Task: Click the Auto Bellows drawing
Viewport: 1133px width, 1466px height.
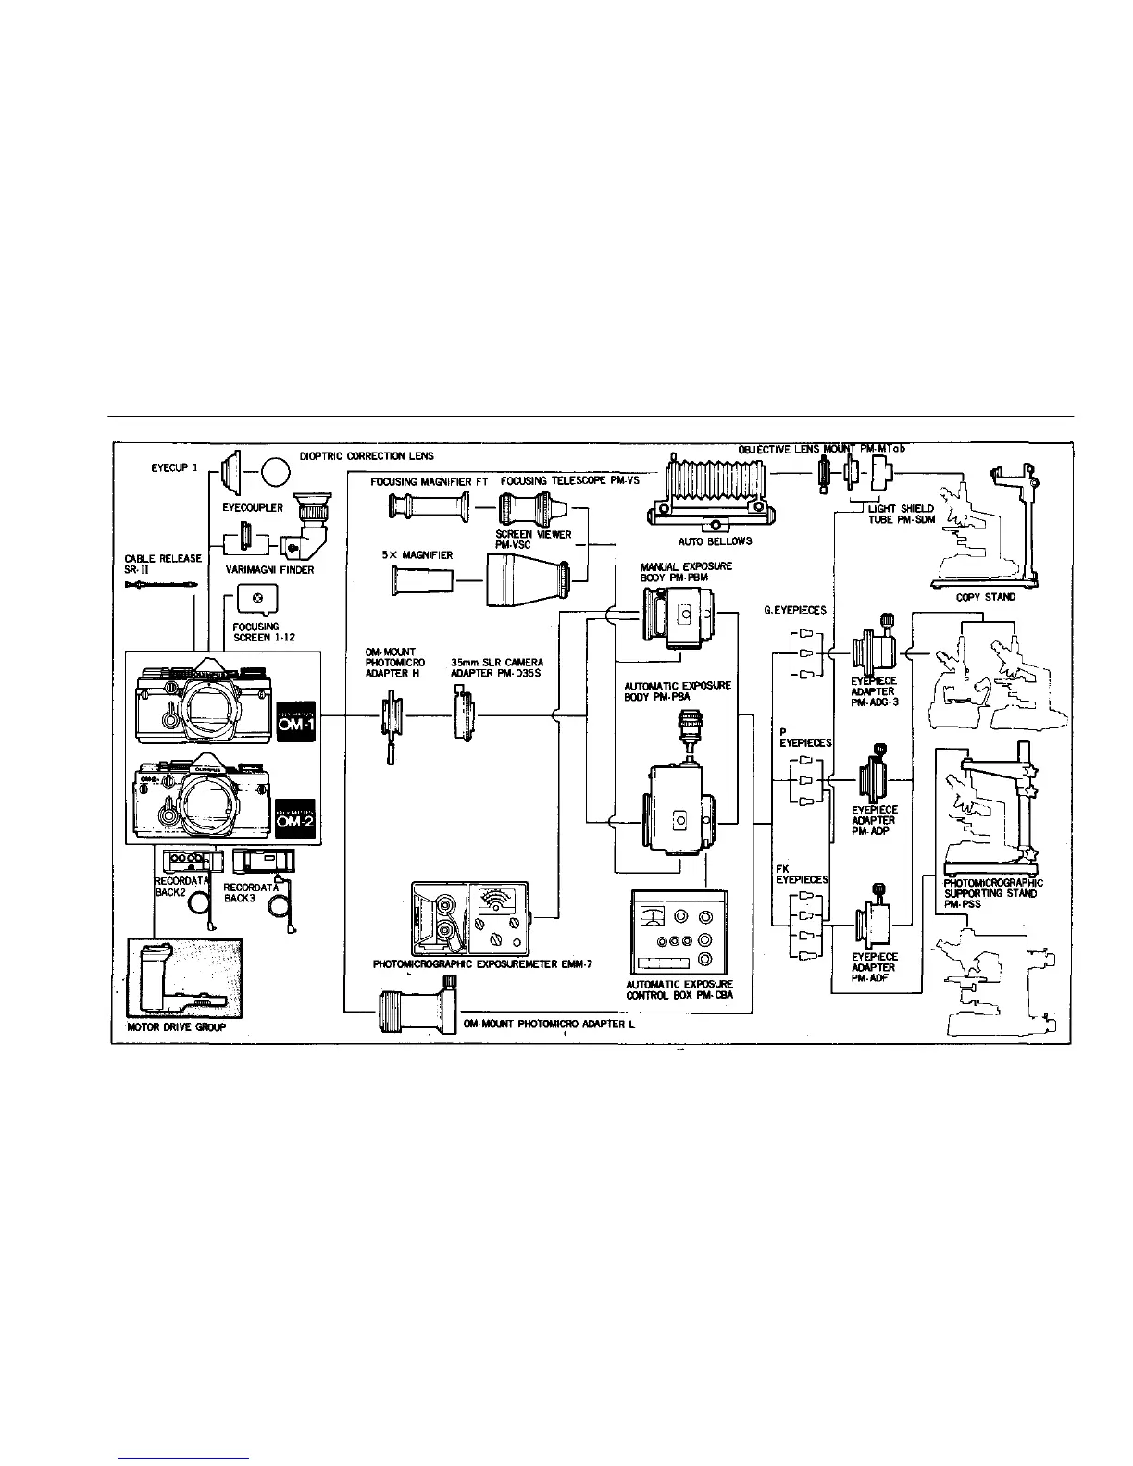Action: pyautogui.click(x=711, y=491)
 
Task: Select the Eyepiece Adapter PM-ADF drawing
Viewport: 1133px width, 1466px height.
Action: pyautogui.click(x=876, y=917)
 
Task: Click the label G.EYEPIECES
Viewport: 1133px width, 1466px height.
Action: pyautogui.click(x=794, y=611)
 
